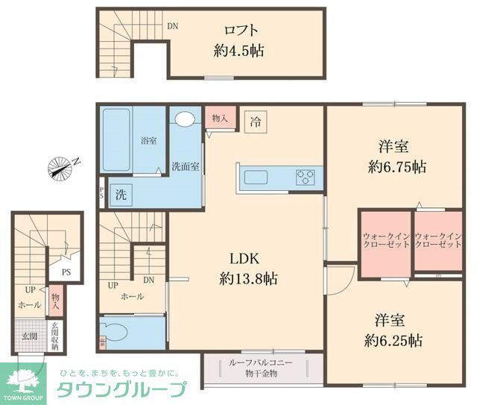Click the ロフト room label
pyautogui.click(x=241, y=31)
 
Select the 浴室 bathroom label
pyautogui.click(x=148, y=140)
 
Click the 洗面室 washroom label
pyautogui.click(x=185, y=167)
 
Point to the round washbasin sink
pyautogui.click(x=185, y=118)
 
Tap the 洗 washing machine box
pyautogui.click(x=120, y=195)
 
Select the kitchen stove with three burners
pyautogui.click(x=305, y=178)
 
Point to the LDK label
pyautogui.click(x=243, y=260)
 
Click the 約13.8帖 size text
pyautogui.click(x=249, y=279)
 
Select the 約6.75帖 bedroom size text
pyautogui.click(x=397, y=166)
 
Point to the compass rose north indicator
pyautogui.click(x=61, y=168)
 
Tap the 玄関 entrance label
pyautogui.click(x=29, y=336)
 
